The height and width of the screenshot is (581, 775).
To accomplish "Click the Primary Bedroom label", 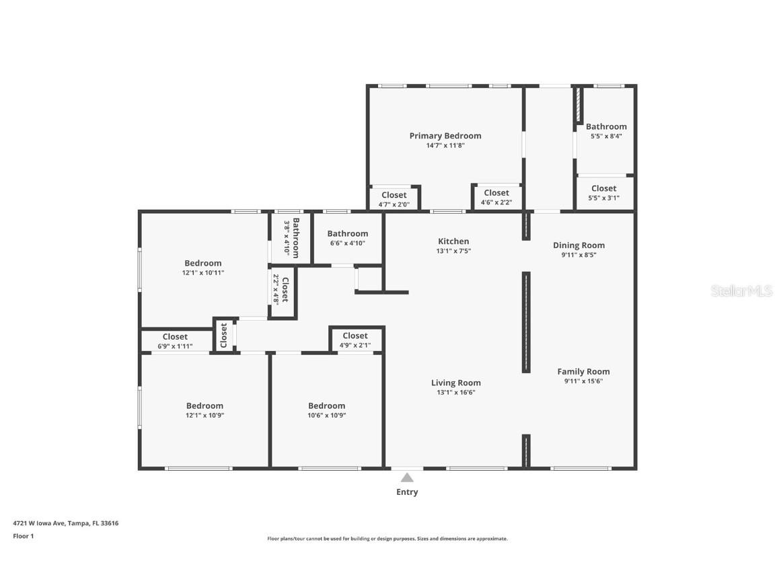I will tap(445, 136).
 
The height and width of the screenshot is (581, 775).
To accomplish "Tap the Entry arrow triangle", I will tap(407, 478).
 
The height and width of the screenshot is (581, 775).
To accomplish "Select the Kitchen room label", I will tap(453, 241).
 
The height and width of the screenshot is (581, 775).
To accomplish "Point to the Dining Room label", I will tap(579, 245).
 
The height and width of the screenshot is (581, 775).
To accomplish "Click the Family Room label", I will tap(583, 371).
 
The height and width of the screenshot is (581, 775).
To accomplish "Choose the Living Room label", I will tap(455, 383).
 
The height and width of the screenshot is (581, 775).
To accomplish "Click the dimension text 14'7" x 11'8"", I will tap(445, 145).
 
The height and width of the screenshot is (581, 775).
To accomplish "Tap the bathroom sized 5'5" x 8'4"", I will tap(605, 130).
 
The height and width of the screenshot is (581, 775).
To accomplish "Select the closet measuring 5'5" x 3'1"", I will tap(603, 193).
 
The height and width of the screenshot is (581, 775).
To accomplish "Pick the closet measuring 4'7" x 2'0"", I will tap(394, 199).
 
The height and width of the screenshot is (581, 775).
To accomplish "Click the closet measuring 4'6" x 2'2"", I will tap(496, 197).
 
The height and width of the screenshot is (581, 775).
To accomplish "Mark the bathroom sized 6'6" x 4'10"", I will tap(347, 238).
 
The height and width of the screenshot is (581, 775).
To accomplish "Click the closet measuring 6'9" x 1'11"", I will tap(175, 341).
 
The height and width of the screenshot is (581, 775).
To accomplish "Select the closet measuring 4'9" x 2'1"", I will tap(355, 340).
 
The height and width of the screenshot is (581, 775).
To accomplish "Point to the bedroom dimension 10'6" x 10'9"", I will tap(326, 416).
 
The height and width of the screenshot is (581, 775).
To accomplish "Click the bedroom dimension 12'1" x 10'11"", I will tap(202, 273).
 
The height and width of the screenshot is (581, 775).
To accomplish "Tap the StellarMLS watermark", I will tap(741, 291).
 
